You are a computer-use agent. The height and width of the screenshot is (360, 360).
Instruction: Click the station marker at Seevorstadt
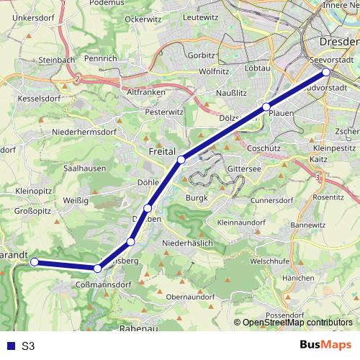[x=326, y=72]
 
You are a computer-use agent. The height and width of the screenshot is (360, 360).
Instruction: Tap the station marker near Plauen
[x=266, y=107]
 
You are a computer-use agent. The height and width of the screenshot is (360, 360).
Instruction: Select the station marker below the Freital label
[x=181, y=159]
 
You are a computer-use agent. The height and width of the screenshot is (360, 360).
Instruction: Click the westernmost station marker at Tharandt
[x=34, y=262]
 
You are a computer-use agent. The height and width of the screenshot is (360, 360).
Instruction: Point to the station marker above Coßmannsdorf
[x=97, y=269]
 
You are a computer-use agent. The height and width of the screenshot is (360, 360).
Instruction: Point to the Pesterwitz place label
[x=164, y=112]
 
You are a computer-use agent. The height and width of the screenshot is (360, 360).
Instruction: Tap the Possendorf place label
[x=286, y=315]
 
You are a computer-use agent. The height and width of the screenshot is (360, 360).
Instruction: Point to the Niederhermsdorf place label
[x=84, y=132]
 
